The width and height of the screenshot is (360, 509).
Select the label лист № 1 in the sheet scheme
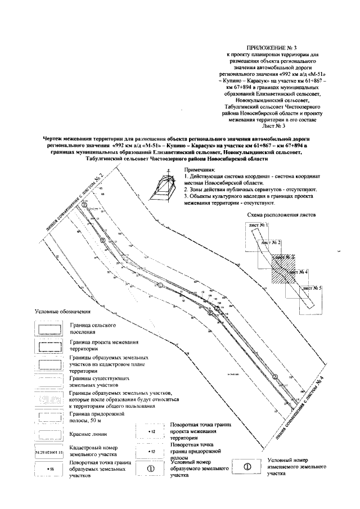pyautogui.click(x=258, y=225)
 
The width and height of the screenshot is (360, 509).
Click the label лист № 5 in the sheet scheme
pyautogui.click(x=313, y=288)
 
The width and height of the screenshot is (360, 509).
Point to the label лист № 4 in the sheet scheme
pyautogui.click(x=298, y=272)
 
